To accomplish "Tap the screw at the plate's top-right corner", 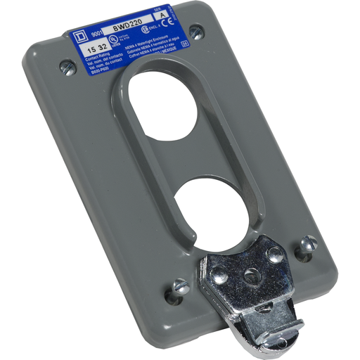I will [197, 32].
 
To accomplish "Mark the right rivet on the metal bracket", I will [275, 255].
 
